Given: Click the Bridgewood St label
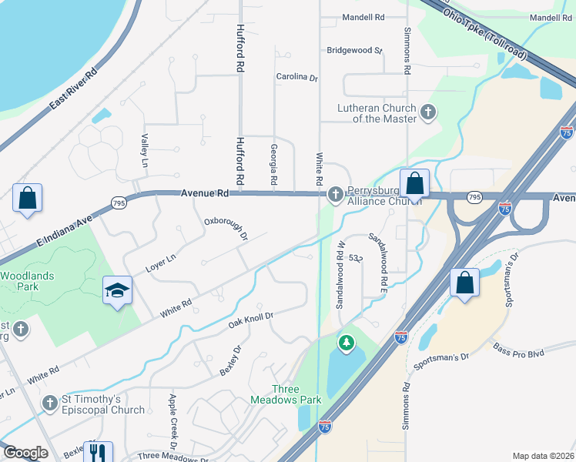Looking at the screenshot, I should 355,50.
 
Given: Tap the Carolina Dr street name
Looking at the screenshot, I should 297,77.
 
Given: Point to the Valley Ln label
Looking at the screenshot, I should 144,151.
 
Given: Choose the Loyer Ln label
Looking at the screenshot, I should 161,263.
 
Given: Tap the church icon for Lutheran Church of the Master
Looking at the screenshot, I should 428,114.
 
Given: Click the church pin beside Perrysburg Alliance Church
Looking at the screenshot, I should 335,193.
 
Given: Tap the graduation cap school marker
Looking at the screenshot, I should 117,290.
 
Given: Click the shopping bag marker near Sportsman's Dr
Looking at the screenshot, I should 466,282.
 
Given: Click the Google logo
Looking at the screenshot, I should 25,453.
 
